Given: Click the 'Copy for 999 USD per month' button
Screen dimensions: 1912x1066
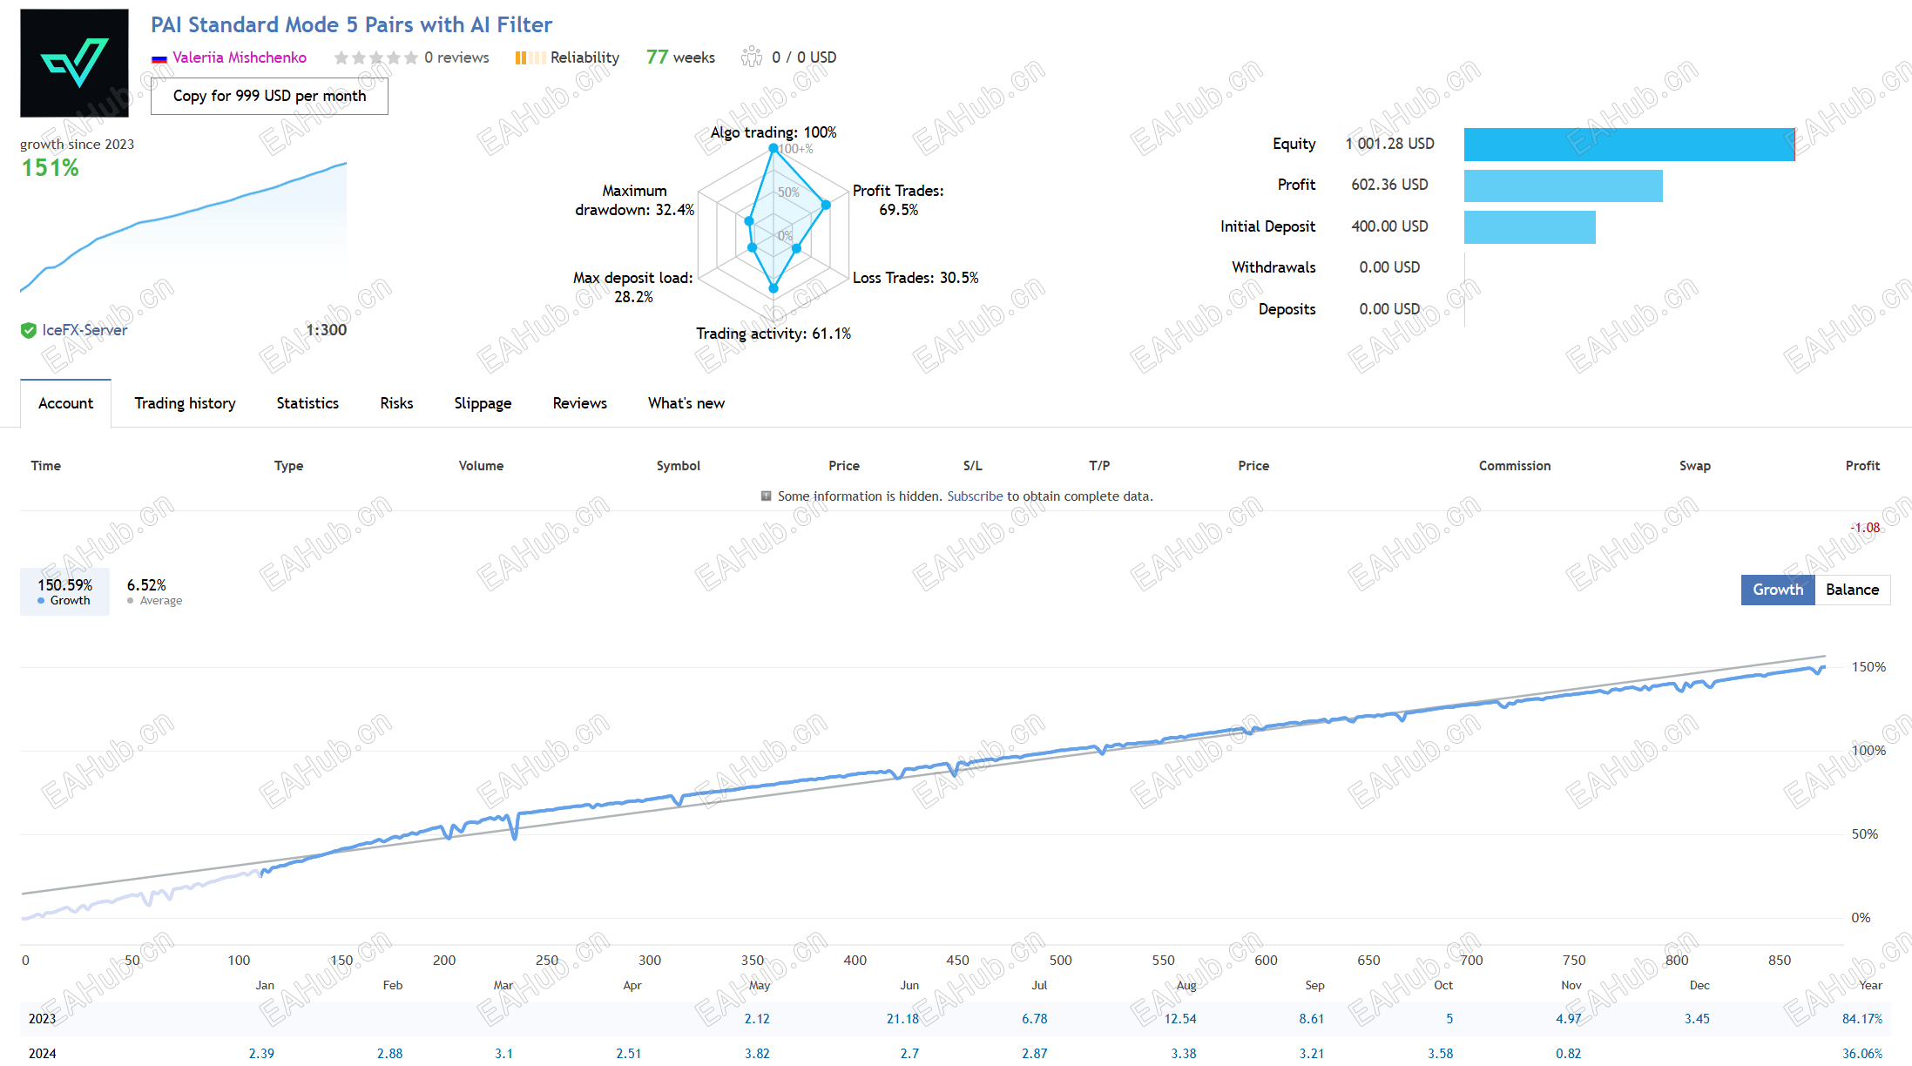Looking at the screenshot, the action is (269, 96).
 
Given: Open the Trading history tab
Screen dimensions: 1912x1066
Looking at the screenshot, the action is (185, 403).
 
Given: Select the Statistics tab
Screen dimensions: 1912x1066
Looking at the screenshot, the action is (307, 403).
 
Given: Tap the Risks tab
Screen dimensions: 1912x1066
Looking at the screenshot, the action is (396, 403).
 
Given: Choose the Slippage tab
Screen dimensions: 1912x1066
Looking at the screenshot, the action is (483, 403).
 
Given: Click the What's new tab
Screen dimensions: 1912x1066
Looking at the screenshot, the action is (686, 403).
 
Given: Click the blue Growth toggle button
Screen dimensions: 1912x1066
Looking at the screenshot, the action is (1778, 590).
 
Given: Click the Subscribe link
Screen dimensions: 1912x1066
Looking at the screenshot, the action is (975, 496).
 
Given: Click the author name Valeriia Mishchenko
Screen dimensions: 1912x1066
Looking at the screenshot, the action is (240, 57).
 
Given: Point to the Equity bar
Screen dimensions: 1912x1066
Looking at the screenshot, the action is (1629, 145).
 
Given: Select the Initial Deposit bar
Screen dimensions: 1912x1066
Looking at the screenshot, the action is (1530, 227).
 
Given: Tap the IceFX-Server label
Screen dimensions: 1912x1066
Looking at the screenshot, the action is (84, 330).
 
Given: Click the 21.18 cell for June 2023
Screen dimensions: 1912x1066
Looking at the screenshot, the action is (902, 1019).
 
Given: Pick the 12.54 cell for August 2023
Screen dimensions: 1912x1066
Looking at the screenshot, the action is (1180, 1019).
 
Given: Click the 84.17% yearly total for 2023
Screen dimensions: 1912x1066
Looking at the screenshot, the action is (1862, 1019).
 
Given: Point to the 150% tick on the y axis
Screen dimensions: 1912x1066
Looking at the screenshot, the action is (1868, 667).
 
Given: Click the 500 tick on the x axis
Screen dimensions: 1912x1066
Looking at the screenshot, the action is (1060, 961).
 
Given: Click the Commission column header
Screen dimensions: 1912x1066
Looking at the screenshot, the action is (1515, 466).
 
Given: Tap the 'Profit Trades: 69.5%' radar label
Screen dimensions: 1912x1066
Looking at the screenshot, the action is (898, 200).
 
